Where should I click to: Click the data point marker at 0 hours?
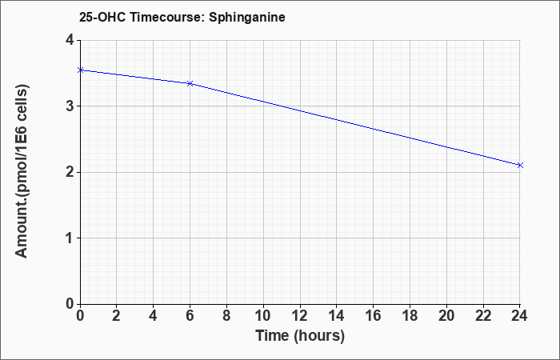[81, 70]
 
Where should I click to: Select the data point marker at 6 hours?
[190, 83]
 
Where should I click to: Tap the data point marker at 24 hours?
[520, 165]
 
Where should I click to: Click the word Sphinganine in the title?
[247, 17]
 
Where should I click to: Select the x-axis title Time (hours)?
[300, 336]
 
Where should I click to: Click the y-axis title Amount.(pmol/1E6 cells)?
[22, 171]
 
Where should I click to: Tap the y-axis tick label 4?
[70, 40]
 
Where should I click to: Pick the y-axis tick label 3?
[70, 106]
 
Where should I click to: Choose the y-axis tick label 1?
[70, 238]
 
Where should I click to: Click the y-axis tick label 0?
[70, 304]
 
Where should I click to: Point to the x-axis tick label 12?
[300, 316]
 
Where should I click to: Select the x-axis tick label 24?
[519, 316]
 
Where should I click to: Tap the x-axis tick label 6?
[190, 316]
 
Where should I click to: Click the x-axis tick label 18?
[410, 316]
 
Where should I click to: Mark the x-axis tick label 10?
[263, 316]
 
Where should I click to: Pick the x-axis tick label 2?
[117, 316]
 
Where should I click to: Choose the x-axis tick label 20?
[446, 316]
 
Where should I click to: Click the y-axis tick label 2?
[70, 173]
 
